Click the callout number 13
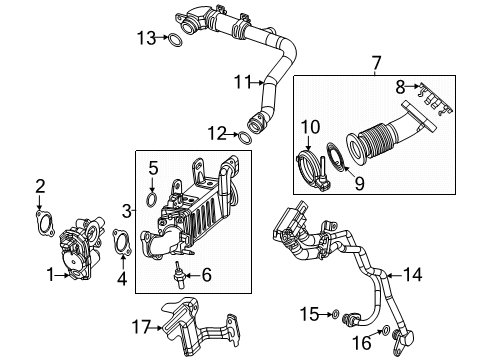point(147,38)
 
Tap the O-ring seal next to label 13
point(175,41)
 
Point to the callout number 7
point(375,65)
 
